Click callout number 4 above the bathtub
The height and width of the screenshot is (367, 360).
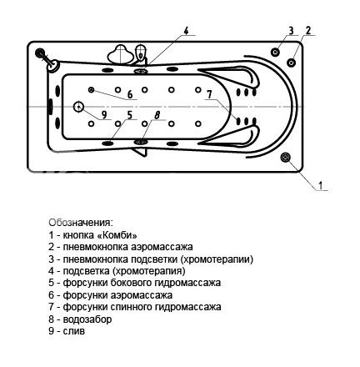coord(186,31)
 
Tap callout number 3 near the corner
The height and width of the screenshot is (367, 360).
coord(291,31)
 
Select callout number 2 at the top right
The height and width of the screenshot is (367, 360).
coord(308,30)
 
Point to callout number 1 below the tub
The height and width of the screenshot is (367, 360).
coord(321,185)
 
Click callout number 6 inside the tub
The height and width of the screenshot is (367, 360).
coord(130,95)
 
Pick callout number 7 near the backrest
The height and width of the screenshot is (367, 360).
coord(209,95)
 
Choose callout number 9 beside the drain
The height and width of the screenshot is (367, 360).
coord(104,114)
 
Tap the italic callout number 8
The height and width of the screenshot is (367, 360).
coord(157,115)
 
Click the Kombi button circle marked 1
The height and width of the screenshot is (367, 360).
coord(285,158)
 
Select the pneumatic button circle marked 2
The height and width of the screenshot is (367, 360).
coord(291,63)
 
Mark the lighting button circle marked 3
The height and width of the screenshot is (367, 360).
coord(275,52)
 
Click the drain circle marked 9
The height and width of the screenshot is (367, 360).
coord(79,107)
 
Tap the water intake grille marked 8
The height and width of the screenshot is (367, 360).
coord(142,143)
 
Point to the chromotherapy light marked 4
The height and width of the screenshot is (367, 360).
coord(142,71)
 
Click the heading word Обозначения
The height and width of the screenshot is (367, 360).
coord(81,223)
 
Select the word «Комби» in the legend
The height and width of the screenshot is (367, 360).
coord(117,235)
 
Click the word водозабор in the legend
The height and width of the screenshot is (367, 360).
coord(87,319)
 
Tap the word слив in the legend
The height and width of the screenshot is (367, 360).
coord(74,331)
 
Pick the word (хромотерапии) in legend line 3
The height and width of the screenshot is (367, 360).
coord(217,259)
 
